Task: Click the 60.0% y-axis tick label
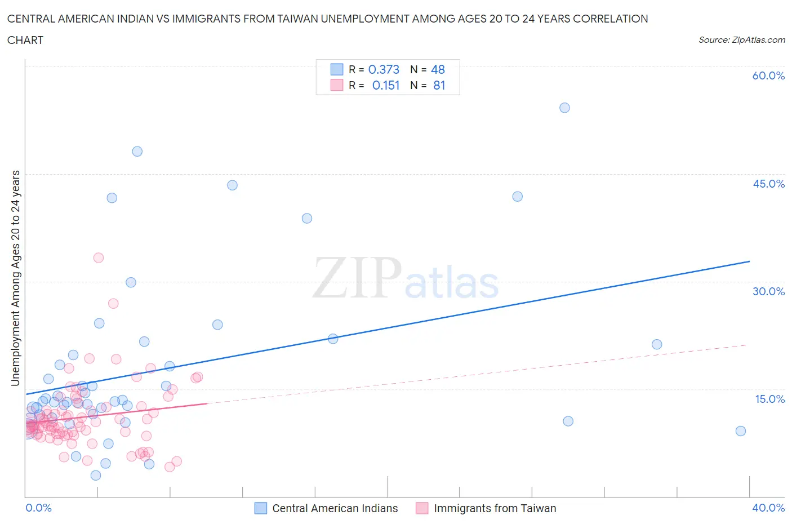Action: [768, 76]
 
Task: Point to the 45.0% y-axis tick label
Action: [768, 184]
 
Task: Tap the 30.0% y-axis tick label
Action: [768, 291]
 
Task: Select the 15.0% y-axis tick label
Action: [769, 399]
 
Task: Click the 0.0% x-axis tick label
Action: [38, 508]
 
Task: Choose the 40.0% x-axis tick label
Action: [768, 508]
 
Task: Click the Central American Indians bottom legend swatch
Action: [260, 508]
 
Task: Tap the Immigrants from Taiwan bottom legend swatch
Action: [422, 508]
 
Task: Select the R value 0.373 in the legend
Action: [384, 69]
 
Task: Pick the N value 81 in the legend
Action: [439, 85]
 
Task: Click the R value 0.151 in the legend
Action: [386, 85]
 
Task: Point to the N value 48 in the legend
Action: [438, 69]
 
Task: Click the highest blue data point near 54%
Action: [564, 108]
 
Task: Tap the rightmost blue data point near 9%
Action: [741, 431]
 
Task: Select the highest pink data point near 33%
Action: [99, 257]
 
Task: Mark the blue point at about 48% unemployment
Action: [137, 152]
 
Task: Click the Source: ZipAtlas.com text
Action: [741, 40]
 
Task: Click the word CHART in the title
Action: [25, 40]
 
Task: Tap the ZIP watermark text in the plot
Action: [357, 278]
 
